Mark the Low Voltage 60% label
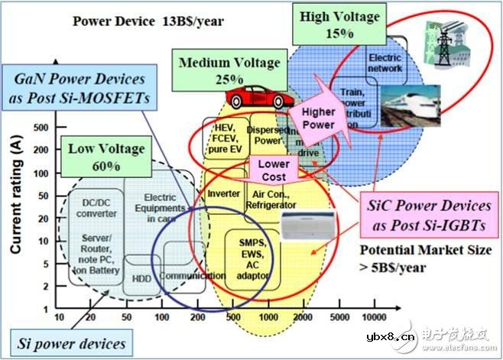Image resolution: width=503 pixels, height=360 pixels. pyautogui.click(x=97, y=153)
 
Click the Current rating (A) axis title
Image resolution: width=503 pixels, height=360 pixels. pyautogui.click(x=15, y=195)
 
